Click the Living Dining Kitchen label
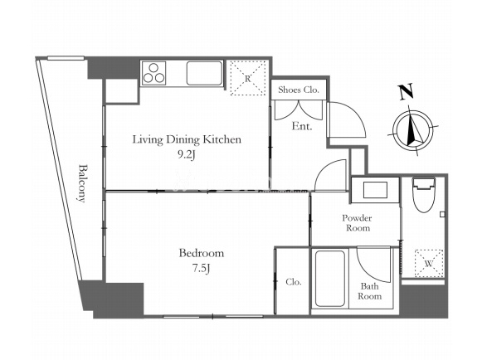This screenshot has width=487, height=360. click(x=187, y=139)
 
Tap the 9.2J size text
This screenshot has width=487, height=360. click(x=186, y=155)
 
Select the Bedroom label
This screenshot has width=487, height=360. click(x=202, y=253)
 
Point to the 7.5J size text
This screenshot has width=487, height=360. click(x=202, y=268)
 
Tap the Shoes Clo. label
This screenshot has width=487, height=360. click(x=299, y=90)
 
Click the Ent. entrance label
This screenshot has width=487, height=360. click(x=302, y=126)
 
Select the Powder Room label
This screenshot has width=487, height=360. click(x=358, y=223)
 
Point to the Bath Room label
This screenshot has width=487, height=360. click(x=369, y=291)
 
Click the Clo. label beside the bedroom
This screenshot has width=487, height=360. click(x=294, y=282)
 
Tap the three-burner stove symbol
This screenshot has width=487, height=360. click(x=153, y=73)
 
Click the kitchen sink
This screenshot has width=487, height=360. click(x=205, y=73)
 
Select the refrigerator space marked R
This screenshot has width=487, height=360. click(x=247, y=78)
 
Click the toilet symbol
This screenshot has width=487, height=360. click(x=424, y=195)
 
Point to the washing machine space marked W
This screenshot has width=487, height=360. click(x=429, y=263)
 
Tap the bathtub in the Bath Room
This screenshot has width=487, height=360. click(x=330, y=279)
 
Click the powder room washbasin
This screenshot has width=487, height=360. click(x=375, y=190)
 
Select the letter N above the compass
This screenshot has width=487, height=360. click(x=407, y=91)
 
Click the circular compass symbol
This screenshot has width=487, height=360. click(x=413, y=130)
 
